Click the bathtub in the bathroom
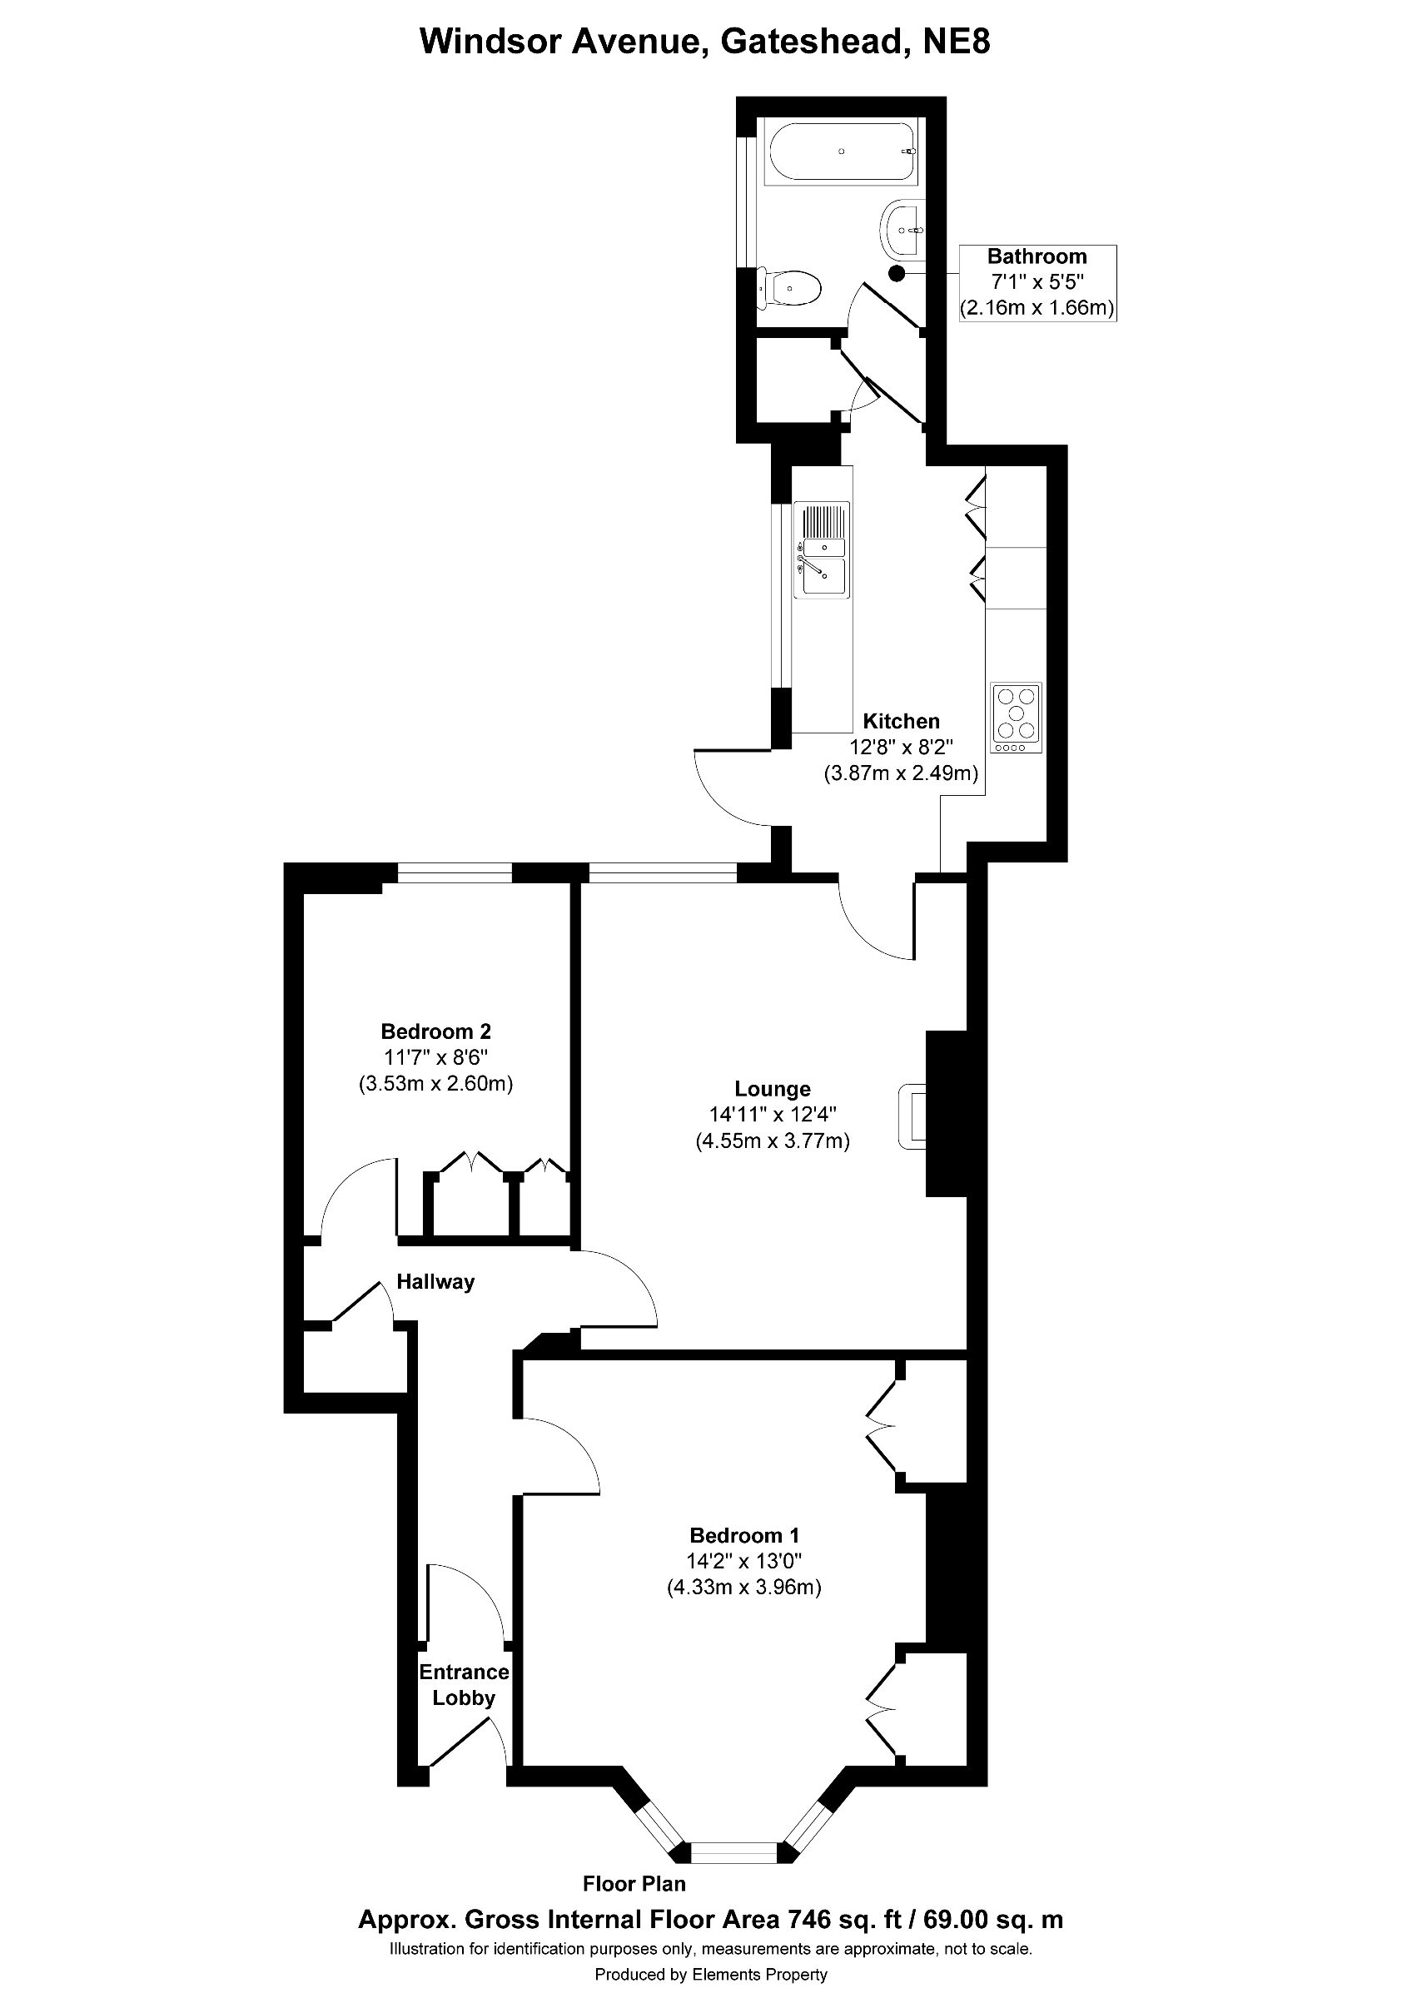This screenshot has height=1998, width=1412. tap(839, 152)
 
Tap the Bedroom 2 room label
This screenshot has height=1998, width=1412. tap(436, 1031)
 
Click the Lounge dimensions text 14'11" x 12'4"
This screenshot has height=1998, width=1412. tap(772, 1115)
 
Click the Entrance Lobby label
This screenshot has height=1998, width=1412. tap(464, 1685)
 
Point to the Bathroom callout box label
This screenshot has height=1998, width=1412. tap(1037, 256)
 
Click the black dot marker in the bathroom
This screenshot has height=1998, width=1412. tap(896, 272)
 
